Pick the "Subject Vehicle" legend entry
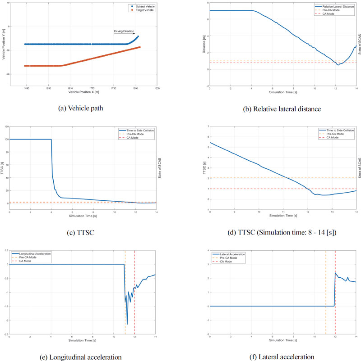click(143, 6)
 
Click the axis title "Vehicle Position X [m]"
click(84, 91)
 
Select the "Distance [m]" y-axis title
click(203, 44)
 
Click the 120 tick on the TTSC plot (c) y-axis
click(6, 126)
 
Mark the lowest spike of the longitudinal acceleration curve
click(127, 324)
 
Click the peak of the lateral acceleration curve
click(335, 273)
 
